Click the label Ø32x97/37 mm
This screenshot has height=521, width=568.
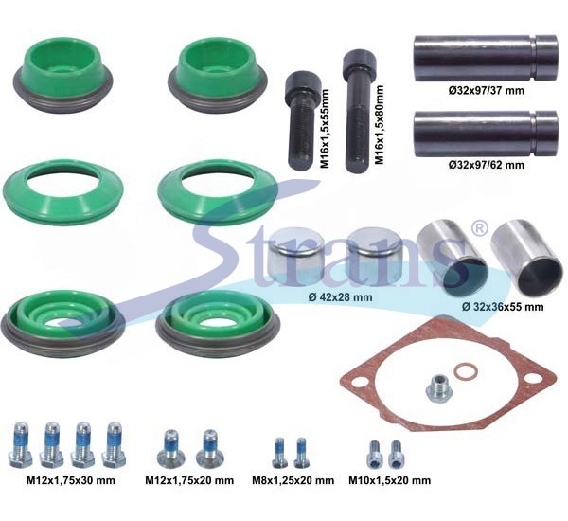487,90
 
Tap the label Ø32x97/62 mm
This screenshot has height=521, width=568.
487,165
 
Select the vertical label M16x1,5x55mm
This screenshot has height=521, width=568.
326,129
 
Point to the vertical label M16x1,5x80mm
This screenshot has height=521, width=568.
379,125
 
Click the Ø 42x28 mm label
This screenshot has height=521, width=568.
340,297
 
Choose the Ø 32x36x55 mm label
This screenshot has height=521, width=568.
503,307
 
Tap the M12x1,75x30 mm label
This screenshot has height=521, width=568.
71,480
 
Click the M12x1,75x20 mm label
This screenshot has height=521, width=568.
189,480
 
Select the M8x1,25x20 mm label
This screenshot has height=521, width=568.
293,480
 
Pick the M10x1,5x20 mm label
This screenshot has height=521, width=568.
390,480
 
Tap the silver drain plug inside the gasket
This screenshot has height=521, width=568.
437,387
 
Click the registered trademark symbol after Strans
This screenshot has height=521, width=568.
479,228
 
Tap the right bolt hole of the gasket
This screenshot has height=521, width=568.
531,380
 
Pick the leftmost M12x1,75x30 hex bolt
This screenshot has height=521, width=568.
21,445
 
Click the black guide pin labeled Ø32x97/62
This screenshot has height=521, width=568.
485,134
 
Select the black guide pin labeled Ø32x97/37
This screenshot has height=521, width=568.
485,58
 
